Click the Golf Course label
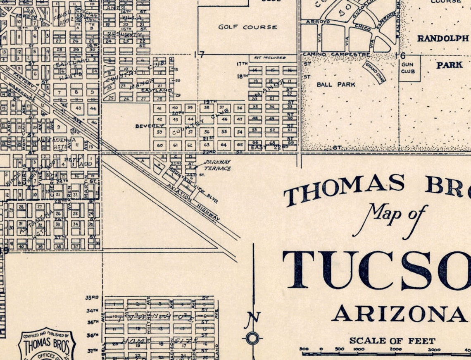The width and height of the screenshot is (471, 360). [x=247, y=27]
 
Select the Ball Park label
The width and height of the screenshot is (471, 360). [x=336, y=84]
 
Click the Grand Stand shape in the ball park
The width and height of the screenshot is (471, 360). [x=374, y=72]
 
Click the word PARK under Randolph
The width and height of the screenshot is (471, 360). [x=450, y=65]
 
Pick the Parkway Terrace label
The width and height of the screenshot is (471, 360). [x=217, y=165]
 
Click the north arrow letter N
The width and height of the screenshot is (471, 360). [x=253, y=317]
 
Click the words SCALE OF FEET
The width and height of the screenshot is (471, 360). [x=392, y=341]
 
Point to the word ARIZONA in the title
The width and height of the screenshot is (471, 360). [x=398, y=314]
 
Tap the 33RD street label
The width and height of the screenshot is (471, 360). [x=92, y=298]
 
